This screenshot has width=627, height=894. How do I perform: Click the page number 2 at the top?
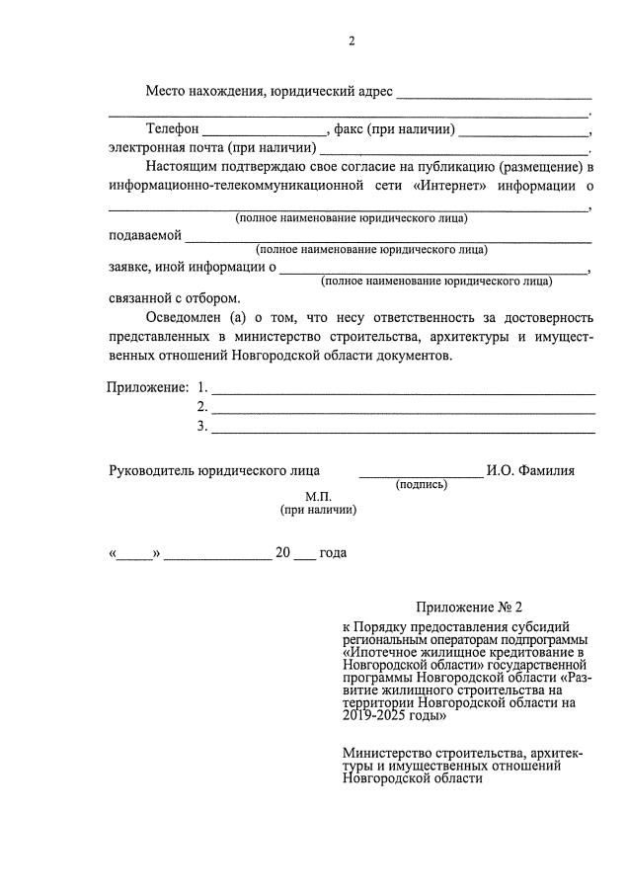[x=351, y=41]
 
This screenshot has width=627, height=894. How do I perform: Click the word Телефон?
[x=173, y=129]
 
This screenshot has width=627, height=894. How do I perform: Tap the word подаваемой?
[x=144, y=235]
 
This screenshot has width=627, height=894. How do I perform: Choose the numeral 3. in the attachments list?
[x=202, y=426]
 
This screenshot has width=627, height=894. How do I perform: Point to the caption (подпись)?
[x=421, y=485]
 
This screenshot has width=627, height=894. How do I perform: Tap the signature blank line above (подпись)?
[x=420, y=476]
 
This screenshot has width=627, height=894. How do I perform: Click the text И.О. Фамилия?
[x=530, y=471]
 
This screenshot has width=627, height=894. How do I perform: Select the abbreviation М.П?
[x=318, y=496]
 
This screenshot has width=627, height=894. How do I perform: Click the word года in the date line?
[x=333, y=553]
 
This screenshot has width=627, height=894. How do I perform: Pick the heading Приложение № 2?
[x=467, y=608]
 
